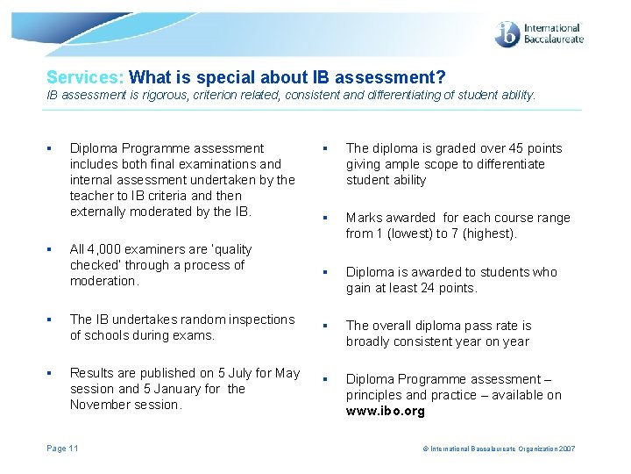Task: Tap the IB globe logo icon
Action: click(x=507, y=35)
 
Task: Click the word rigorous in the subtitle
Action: click(x=161, y=95)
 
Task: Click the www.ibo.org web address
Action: click(x=385, y=411)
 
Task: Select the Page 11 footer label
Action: click(x=62, y=449)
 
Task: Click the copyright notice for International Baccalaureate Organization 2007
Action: click(x=499, y=449)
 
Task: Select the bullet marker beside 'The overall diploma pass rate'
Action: click(x=326, y=327)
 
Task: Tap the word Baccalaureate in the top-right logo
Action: click(x=553, y=40)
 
